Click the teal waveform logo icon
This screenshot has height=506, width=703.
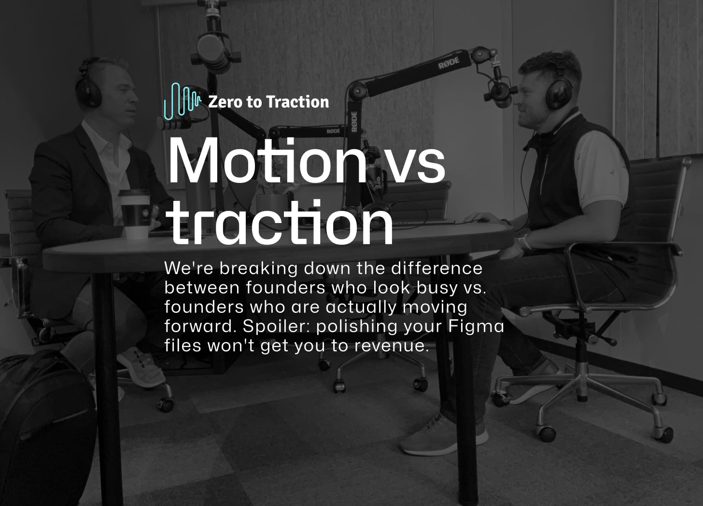coord(182,101)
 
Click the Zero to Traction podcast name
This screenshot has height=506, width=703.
coord(268,102)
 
